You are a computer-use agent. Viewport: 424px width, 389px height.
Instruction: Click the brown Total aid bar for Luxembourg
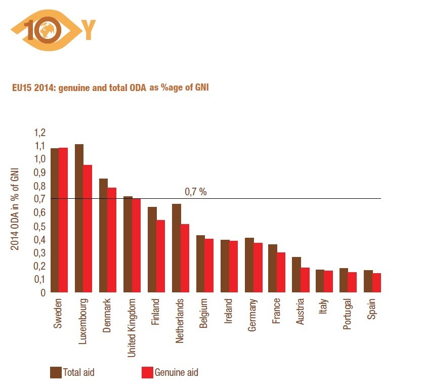pyautogui.click(x=79, y=218)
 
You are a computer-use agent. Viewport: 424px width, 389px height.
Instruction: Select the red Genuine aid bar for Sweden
pyautogui.click(x=63, y=220)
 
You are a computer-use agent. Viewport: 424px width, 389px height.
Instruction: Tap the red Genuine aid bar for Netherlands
pyautogui.click(x=185, y=258)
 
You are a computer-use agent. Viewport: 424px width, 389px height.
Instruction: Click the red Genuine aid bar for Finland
pyautogui.click(x=160, y=256)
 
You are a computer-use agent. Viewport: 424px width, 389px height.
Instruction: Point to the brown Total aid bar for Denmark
pyautogui.click(x=103, y=235)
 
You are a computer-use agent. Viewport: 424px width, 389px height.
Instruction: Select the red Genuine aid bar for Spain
pyautogui.click(x=377, y=283)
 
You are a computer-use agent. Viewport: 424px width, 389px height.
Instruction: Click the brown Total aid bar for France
pyautogui.click(x=273, y=268)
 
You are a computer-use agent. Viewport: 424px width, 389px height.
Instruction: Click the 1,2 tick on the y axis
pyautogui.click(x=40, y=133)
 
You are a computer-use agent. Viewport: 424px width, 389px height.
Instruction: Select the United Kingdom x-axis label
pyautogui.click(x=131, y=328)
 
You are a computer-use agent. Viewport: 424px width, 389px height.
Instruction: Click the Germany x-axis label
pyautogui.click(x=252, y=315)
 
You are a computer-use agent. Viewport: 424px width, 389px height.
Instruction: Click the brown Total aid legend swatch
pyautogui.click(x=56, y=373)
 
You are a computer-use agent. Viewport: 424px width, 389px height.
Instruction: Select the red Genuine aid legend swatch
pyautogui.click(x=147, y=373)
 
